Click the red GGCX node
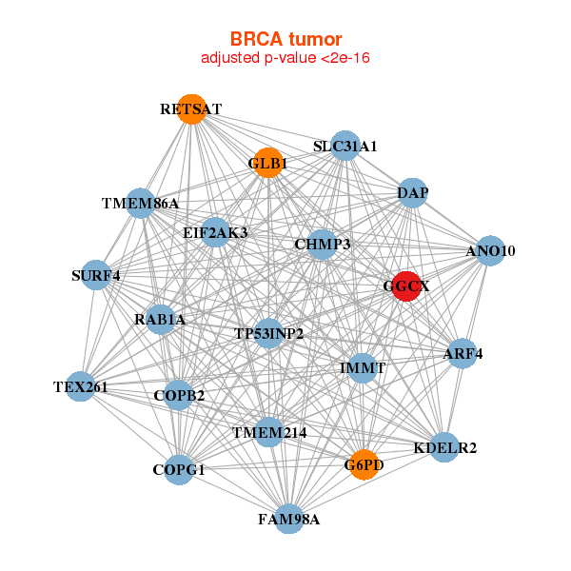click(406, 286)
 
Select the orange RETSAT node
click(192, 109)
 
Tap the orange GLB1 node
click(268, 163)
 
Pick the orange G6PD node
click(364, 464)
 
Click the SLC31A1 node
click(345, 146)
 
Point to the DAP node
click(412, 193)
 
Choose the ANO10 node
click(490, 250)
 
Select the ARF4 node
click(463, 353)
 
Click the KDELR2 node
click(444, 447)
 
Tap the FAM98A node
click(288, 519)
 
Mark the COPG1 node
click(179, 470)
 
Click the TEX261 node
click(80, 386)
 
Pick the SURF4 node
click(96, 275)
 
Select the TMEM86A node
click(141, 204)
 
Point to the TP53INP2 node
click(268, 333)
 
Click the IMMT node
click(363, 367)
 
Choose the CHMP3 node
click(322, 244)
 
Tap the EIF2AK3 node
click(216, 232)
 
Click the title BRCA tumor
click(285, 39)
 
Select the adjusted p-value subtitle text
click(285, 58)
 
